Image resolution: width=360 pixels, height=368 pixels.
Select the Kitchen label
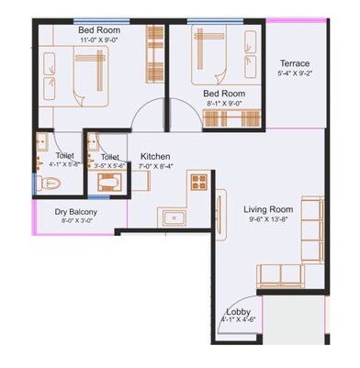point(152,157)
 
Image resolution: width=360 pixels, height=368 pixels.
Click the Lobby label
point(238,310)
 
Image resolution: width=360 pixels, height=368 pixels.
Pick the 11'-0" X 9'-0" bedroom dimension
point(100,40)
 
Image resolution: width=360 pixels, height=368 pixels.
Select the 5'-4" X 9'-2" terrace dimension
point(295,74)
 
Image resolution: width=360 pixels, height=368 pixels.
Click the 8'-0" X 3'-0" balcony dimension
point(77,221)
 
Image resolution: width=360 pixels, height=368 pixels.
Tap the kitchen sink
point(172,218)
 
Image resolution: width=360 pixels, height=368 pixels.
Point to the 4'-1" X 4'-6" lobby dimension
point(238,320)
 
